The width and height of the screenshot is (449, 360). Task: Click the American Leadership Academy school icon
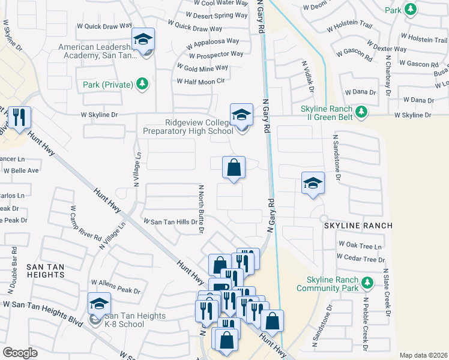(143, 40)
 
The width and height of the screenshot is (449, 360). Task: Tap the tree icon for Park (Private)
(142, 84)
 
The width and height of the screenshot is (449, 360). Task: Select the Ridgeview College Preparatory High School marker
(241, 115)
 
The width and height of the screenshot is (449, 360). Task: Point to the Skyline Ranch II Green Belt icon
(361, 112)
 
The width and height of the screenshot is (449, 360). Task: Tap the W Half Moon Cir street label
(200, 81)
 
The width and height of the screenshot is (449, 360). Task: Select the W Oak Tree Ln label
(361, 245)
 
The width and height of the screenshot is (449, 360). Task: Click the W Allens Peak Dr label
(115, 287)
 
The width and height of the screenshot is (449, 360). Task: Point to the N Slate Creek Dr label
(387, 292)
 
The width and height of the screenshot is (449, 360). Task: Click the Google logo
(20, 353)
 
